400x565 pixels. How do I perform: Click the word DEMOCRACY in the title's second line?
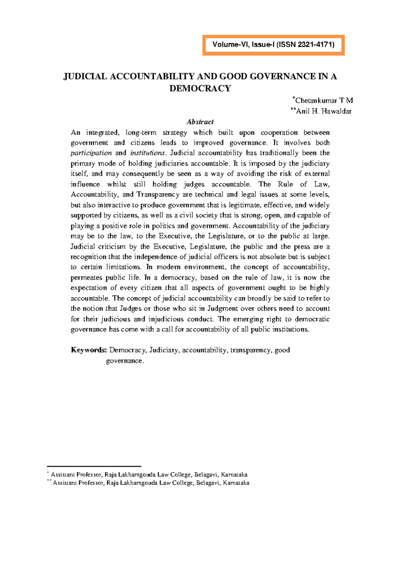[x=200, y=89]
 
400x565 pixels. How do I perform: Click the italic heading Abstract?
[x=200, y=122]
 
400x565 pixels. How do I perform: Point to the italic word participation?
[x=91, y=153]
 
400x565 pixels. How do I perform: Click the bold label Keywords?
[x=89, y=350]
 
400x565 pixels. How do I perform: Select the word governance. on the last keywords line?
[x=125, y=361]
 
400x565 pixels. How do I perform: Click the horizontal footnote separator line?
[x=94, y=467]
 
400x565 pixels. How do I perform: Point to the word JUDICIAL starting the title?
[x=85, y=77]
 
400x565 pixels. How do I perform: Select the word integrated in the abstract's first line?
[x=102, y=133]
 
